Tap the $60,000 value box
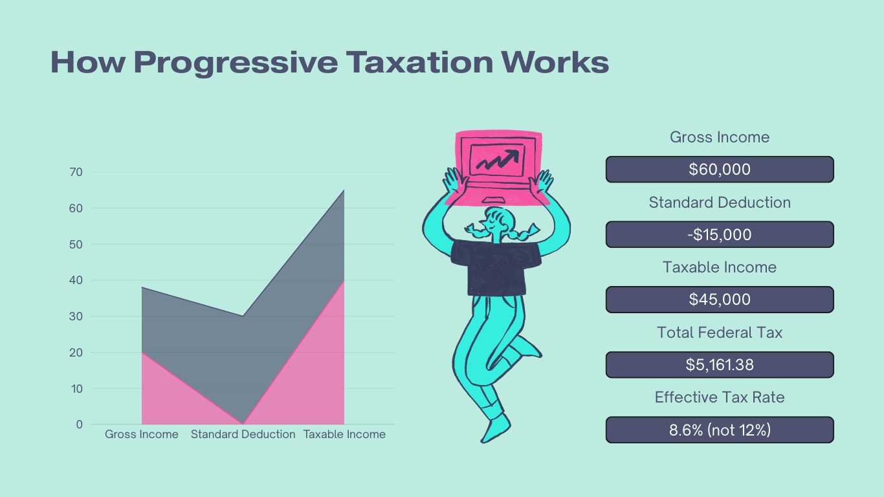tap(720, 170)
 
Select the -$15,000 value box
tap(720, 234)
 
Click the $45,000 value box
tap(720, 300)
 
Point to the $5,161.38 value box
tap(720, 365)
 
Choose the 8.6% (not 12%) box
tap(720, 430)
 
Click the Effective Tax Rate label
tap(720, 397)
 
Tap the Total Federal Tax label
tap(720, 333)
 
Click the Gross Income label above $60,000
tap(720, 137)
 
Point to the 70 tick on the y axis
tap(76, 172)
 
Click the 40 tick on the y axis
tap(76, 280)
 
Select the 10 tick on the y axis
tap(76, 389)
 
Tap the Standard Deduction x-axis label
tap(243, 434)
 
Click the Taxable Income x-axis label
tap(344, 434)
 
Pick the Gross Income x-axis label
tap(142, 434)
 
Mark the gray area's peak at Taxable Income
tap(344, 190)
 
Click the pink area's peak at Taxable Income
tap(344, 281)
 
